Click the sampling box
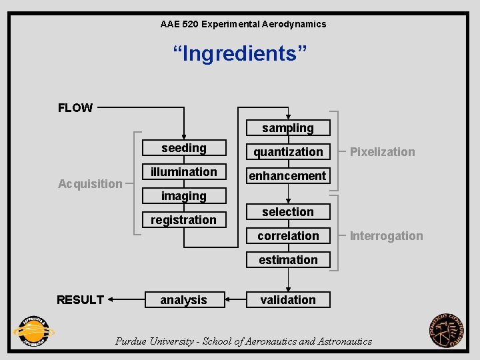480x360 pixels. [x=288, y=128]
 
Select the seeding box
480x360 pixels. [x=184, y=148]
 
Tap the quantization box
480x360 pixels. [x=288, y=152]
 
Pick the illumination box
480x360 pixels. [x=184, y=172]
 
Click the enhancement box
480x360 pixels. [x=288, y=176]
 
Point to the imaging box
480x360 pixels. [x=184, y=196]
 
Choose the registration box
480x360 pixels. [x=184, y=220]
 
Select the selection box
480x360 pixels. [x=288, y=212]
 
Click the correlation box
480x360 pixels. [x=288, y=236]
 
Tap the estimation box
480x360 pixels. [x=288, y=260]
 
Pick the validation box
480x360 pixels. [x=288, y=300]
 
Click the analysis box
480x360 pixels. [x=184, y=300]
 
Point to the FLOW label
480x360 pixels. [x=75, y=108]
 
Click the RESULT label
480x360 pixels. [x=80, y=300]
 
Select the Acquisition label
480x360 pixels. [x=90, y=184]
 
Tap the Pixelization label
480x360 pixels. [x=383, y=152]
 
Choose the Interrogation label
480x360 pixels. [x=387, y=236]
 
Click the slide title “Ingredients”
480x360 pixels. [x=240, y=53]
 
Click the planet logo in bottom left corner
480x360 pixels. [x=33, y=331]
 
